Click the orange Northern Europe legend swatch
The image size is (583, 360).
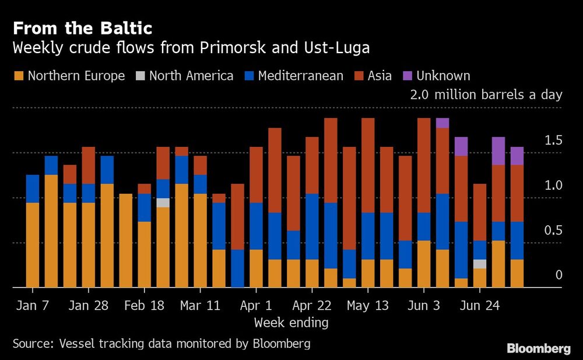click(19, 76)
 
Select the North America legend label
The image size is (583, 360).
click(191, 76)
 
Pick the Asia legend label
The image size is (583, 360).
click(380, 76)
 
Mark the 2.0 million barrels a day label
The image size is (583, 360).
click(486, 95)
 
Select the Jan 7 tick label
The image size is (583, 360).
click(32, 306)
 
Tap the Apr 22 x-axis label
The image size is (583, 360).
click(312, 306)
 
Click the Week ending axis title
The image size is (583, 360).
click(291, 322)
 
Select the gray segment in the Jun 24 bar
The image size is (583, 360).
click(480, 264)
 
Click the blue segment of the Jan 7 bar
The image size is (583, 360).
click(33, 188)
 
